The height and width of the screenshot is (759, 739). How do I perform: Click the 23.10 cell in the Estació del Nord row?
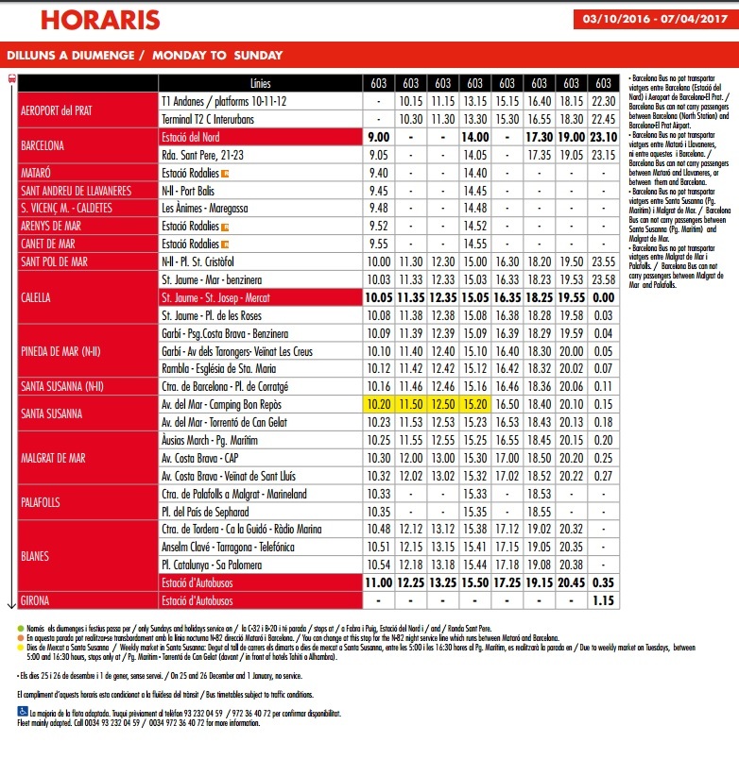click(x=604, y=137)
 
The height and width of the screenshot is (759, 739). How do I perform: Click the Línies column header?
click(x=260, y=83)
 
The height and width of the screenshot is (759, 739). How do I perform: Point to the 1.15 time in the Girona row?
click(x=604, y=600)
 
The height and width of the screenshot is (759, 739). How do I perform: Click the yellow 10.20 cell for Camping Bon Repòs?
click(x=378, y=404)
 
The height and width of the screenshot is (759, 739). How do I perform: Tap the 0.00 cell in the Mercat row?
click(x=604, y=296)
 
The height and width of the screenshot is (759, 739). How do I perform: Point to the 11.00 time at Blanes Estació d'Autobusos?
click(x=378, y=582)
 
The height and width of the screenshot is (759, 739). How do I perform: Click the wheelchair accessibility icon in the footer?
click(x=22, y=713)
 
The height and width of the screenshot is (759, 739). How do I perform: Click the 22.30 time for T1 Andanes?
click(x=604, y=101)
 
